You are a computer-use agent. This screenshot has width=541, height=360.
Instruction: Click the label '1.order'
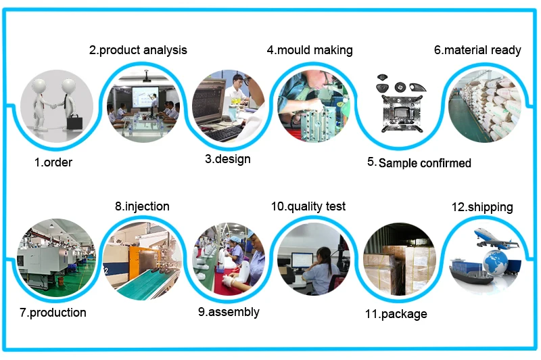click(53, 162)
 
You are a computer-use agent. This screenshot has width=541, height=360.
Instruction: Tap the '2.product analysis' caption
click(138, 50)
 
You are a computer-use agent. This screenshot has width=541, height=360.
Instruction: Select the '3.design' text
click(228, 159)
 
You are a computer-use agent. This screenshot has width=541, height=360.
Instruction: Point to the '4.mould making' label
click(310, 50)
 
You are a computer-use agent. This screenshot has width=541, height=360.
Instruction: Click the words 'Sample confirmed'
click(425, 163)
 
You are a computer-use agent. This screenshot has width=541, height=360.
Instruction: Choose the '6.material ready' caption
click(477, 50)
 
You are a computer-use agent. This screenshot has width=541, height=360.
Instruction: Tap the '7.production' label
click(53, 313)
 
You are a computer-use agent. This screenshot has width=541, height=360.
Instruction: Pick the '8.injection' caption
click(142, 206)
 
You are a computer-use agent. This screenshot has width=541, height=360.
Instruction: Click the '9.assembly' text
click(229, 312)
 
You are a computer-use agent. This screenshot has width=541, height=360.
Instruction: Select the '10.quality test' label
click(308, 206)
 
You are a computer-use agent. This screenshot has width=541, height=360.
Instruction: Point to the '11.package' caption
click(396, 314)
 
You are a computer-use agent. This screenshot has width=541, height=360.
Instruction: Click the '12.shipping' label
click(482, 207)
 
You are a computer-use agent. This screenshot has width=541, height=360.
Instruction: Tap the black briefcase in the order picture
click(74, 122)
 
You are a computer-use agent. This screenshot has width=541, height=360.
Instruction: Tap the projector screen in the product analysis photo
click(145, 97)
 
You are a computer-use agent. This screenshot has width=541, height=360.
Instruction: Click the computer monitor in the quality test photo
click(302, 261)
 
